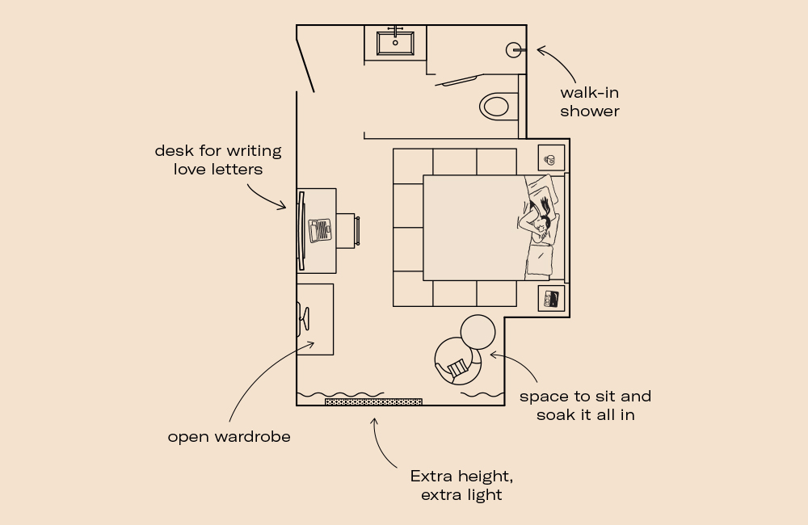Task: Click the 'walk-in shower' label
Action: pos(589,102)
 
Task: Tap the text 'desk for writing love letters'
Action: pos(218,160)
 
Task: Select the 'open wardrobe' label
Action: pos(229,437)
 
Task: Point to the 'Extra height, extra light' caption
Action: pos(461,485)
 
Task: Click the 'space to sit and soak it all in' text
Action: pos(585,405)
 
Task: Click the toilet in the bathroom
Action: pos(495,106)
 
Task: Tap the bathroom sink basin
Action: pos(395,42)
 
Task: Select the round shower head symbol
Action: pos(514,50)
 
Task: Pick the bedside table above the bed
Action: pos(551,158)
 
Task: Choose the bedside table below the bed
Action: pos(552,298)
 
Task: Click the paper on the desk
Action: pos(320,229)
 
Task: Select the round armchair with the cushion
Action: pos(458,361)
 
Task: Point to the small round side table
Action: pos(478,331)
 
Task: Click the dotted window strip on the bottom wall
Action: pos(373,401)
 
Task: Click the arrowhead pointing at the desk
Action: pos(282,207)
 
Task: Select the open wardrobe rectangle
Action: pos(315,319)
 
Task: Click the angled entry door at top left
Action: pos(305,59)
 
